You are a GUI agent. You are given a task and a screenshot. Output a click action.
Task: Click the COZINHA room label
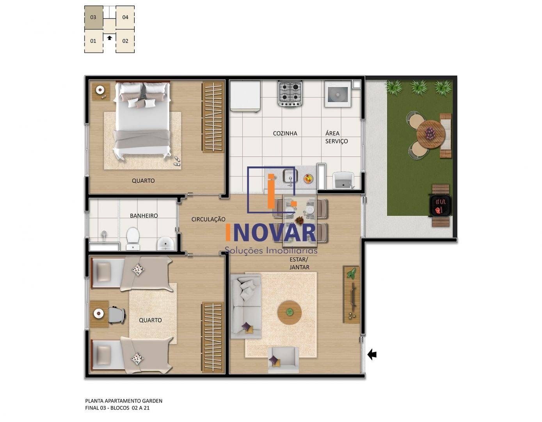pos(285,133)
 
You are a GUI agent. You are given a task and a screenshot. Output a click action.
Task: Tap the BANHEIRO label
pos(144,216)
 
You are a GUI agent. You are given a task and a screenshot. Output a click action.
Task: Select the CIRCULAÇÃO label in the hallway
pos(208,220)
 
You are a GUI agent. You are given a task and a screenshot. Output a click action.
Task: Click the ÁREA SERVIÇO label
pos(336,137)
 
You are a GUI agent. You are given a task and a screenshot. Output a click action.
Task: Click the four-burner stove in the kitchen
pos(290,93)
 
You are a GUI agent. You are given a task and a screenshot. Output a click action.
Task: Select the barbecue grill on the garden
pos(440,206)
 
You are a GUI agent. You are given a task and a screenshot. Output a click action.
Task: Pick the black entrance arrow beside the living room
pos(372,354)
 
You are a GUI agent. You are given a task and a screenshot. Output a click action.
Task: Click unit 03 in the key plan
pos(94,17)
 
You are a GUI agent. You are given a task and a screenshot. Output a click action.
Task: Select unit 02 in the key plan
pos(125,41)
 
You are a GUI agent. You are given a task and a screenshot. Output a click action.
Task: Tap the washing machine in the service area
pos(338,94)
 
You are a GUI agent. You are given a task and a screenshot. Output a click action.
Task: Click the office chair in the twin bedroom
pos(116,315)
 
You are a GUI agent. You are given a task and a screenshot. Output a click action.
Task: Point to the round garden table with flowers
pos(430,134)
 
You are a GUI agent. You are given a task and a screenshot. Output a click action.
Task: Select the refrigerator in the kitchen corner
pos(245,96)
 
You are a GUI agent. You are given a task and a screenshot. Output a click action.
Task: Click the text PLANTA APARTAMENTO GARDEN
pos(124,401)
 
